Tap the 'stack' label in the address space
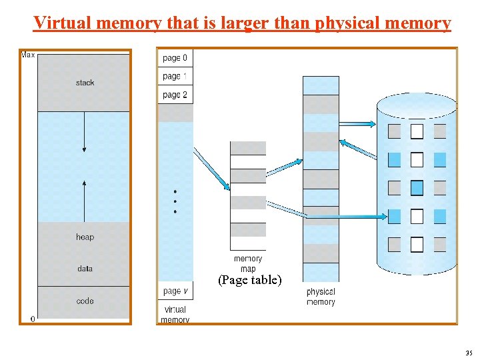(85, 83)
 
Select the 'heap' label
(85, 237)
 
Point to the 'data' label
(85, 269)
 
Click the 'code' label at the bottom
(85, 301)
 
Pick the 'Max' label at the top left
(28, 55)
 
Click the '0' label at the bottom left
(32, 319)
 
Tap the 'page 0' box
(175, 58)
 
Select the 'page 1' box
(175, 77)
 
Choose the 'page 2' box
(175, 95)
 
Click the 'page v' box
(175, 291)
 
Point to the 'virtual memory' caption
(175, 315)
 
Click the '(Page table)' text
(250, 281)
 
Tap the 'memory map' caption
(248, 263)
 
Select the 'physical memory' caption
(321, 297)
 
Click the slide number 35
(469, 353)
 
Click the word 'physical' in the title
(345, 23)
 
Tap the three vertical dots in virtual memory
(175, 201)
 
